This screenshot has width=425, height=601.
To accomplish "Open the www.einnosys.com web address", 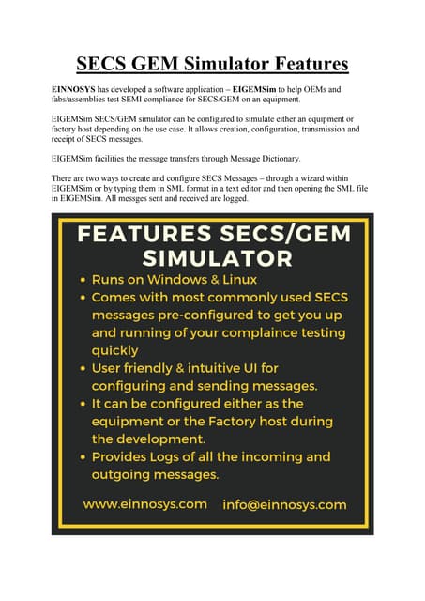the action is click(x=145, y=504).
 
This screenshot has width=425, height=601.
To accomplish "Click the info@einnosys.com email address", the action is click(x=284, y=504).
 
